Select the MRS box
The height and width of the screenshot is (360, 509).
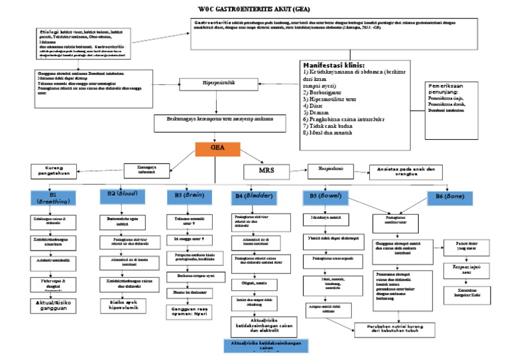coord(270,171)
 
